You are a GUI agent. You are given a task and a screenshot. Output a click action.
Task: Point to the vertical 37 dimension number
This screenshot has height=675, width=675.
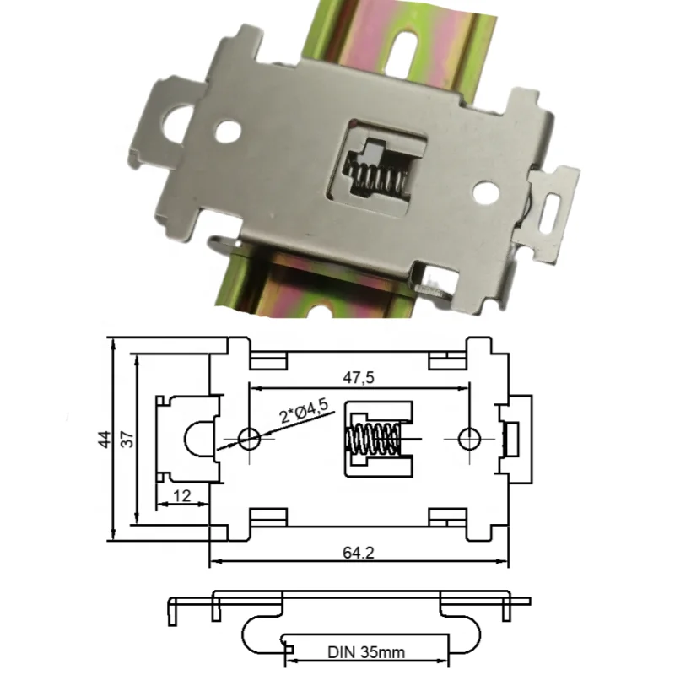pyautogui.click(x=126, y=439)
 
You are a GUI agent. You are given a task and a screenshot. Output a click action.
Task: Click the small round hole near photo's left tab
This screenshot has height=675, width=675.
pyautogui.click(x=226, y=131)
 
